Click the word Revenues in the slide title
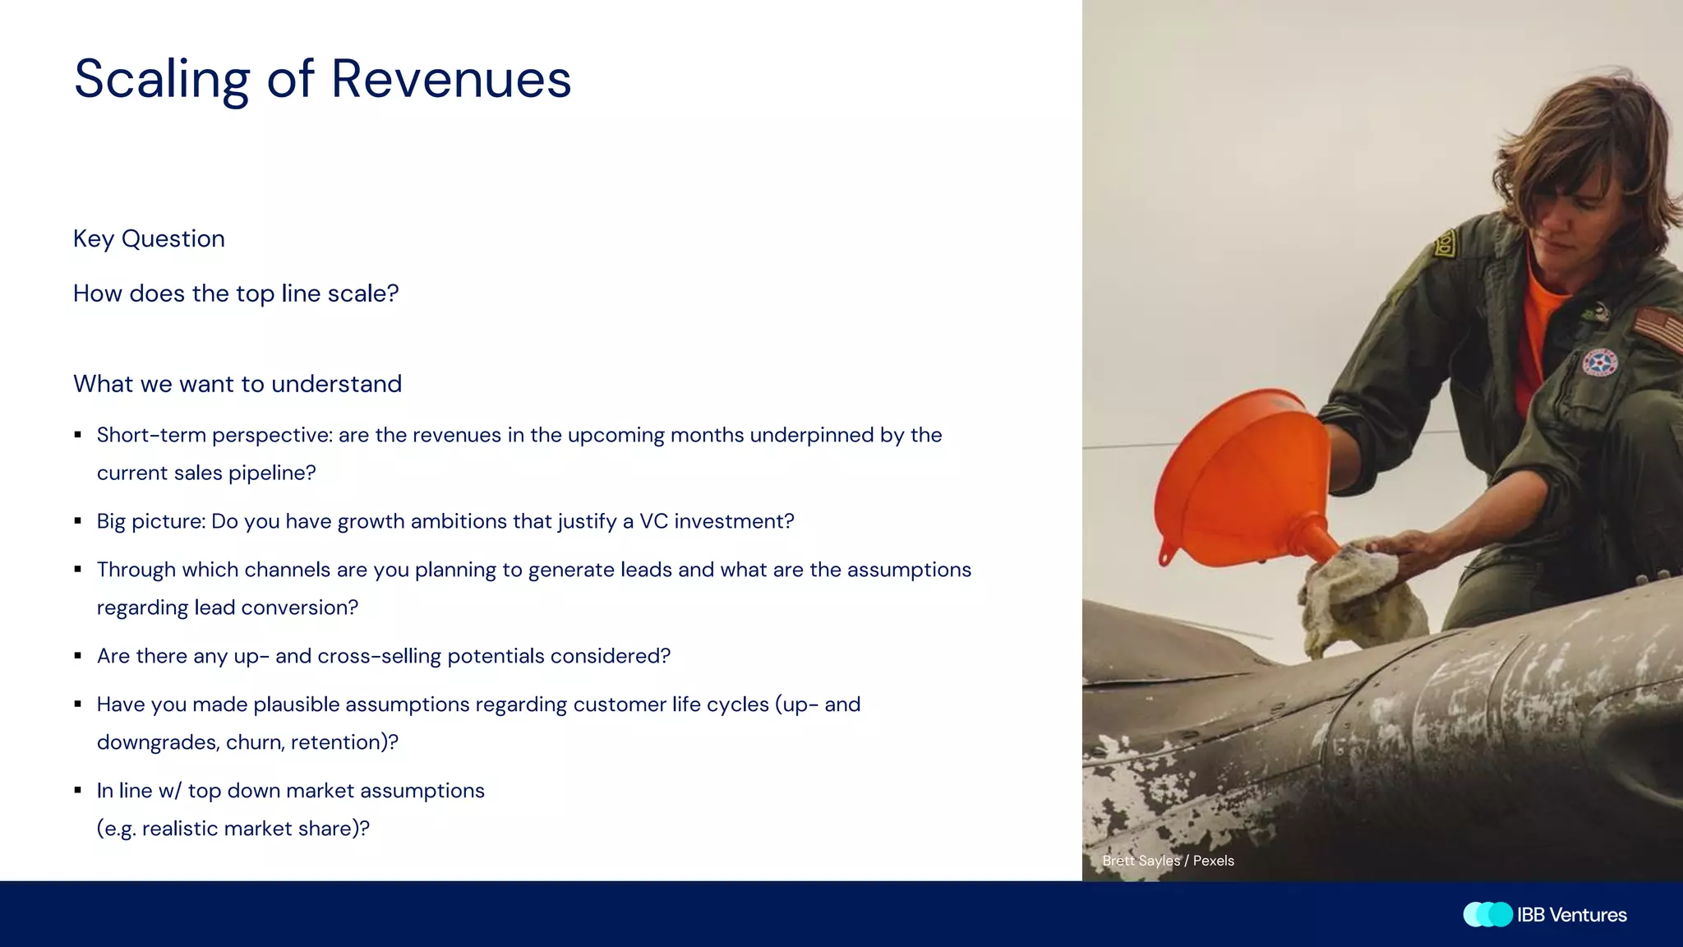(x=450, y=80)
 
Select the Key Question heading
(x=149, y=238)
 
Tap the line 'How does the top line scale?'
(x=236, y=293)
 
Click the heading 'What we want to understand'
(x=237, y=384)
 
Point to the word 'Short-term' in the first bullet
(x=151, y=435)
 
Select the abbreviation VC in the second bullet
(x=653, y=521)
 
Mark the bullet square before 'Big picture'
(x=78, y=521)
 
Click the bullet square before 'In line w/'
(x=78, y=791)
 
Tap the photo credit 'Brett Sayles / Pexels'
(x=1168, y=861)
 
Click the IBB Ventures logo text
(x=1571, y=915)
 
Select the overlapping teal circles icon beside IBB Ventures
(x=1487, y=915)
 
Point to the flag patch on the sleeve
(x=1658, y=329)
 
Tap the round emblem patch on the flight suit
(x=1599, y=363)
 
